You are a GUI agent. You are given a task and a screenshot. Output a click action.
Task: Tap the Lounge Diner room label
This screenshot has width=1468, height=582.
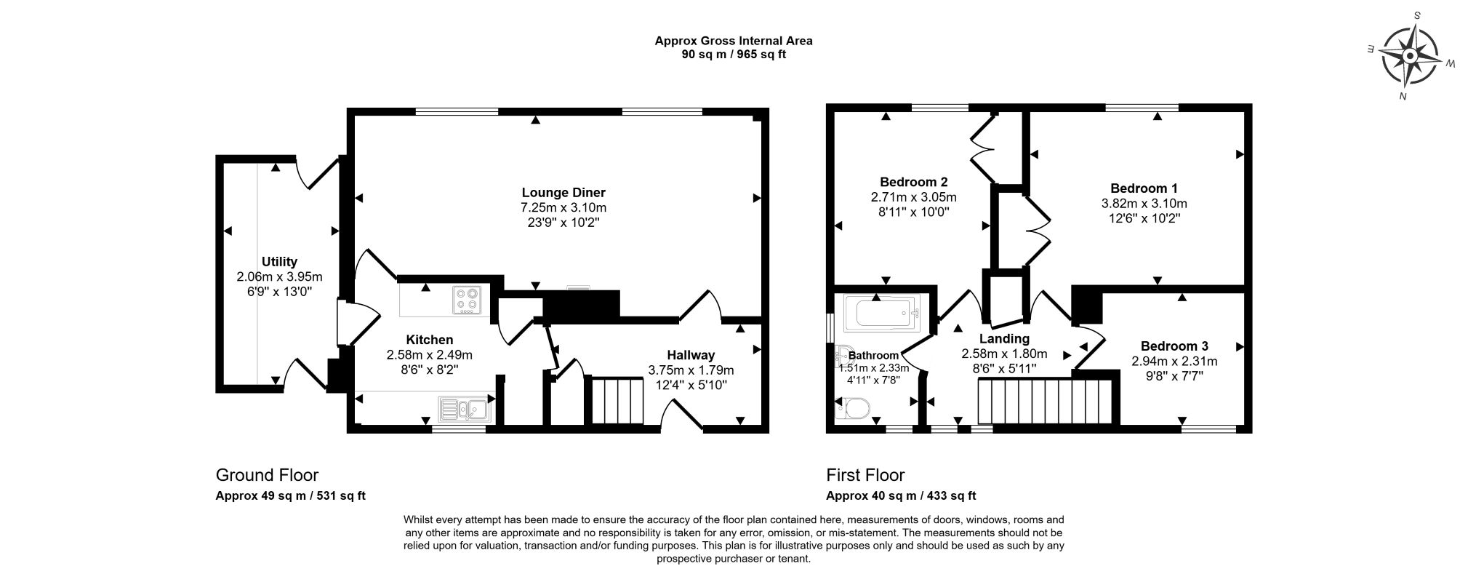coord(563,193)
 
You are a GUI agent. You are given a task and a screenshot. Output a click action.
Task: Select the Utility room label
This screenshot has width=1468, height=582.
coord(279,262)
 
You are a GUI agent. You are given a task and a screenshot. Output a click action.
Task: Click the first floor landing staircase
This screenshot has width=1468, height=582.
coord(1046,402)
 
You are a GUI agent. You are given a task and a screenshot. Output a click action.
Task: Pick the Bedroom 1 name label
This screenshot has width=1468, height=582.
coord(1144,188)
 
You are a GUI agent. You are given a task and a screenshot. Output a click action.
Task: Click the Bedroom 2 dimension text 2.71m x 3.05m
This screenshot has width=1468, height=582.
coord(913,197)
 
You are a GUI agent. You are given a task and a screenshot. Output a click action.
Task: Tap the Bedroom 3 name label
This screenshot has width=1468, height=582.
coord(1174,346)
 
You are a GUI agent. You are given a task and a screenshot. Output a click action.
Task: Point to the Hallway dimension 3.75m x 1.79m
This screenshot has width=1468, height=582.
coord(691,370)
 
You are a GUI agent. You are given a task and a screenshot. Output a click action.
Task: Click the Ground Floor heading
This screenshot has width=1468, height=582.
coord(267,476)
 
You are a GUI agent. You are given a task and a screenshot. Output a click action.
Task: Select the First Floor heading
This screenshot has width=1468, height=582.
coord(865,476)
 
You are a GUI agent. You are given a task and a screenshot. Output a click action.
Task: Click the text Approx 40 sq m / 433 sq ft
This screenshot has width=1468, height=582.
coord(901,496)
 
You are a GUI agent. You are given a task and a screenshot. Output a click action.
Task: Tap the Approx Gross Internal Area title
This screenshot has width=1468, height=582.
coord(734,41)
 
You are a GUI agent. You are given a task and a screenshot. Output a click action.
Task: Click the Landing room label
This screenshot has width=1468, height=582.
coord(1004,338)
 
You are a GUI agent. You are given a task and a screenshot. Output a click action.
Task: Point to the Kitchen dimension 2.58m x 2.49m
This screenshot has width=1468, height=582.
coord(429,355)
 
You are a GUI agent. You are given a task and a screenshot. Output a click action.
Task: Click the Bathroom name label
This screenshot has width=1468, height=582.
coord(873,356)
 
